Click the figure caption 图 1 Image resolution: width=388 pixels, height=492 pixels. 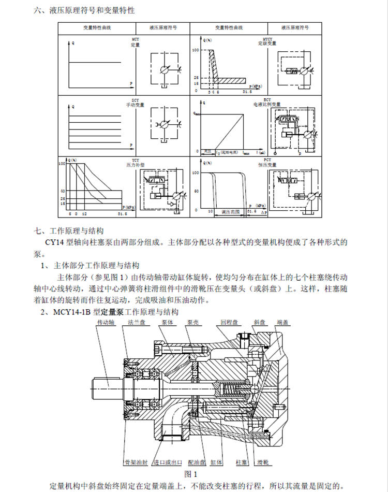[191, 473]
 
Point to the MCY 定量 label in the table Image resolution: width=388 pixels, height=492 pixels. [135, 42]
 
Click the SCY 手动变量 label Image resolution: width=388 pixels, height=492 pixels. [135, 102]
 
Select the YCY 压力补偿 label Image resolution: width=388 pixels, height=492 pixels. [135, 163]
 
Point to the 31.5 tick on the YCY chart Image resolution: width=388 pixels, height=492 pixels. [123, 213]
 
